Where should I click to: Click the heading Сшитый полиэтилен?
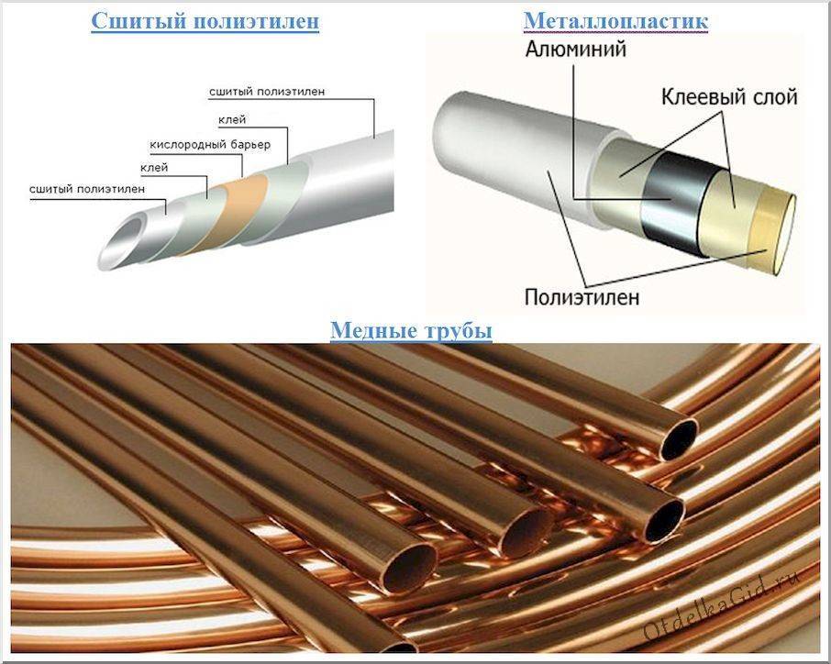[205, 21]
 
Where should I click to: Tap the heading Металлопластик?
[615, 20]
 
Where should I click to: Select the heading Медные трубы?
[411, 329]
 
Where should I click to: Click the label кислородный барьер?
[210, 145]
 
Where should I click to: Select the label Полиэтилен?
[582, 297]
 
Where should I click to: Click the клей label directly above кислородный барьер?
[232, 119]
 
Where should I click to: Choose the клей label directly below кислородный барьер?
[153, 168]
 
